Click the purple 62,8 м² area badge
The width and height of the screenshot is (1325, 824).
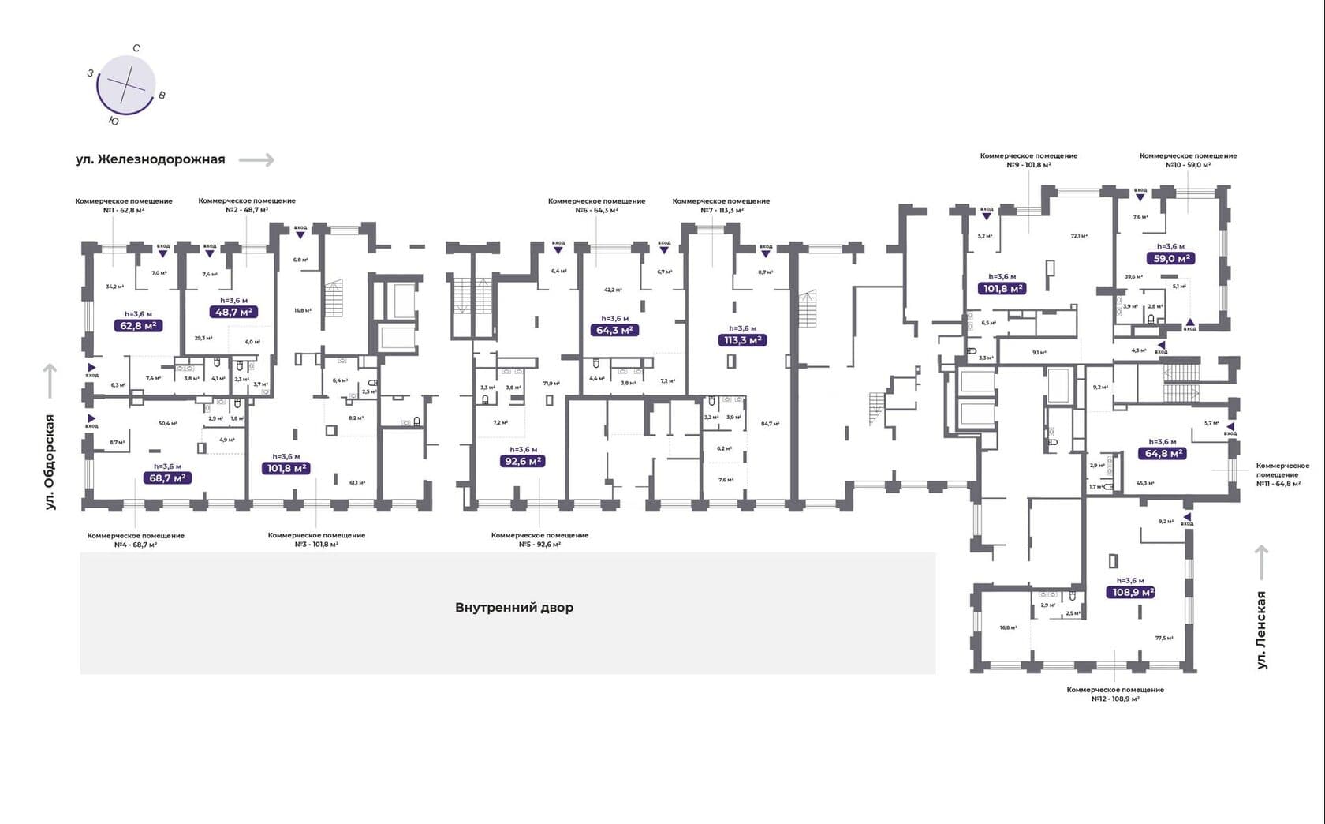(138, 325)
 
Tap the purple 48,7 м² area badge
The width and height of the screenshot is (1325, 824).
(234, 312)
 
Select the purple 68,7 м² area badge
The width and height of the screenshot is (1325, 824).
(167, 478)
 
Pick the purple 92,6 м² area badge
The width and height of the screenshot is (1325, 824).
(523, 461)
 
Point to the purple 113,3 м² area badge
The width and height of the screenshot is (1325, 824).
(742, 340)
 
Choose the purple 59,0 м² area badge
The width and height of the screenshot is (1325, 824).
(1170, 258)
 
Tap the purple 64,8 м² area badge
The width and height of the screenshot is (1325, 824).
(1163, 453)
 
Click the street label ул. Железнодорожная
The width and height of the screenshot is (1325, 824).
(151, 159)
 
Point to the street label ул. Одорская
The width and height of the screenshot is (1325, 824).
(50, 462)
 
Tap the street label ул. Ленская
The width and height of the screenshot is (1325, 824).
(1261, 630)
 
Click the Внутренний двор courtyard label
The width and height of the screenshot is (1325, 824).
(514, 608)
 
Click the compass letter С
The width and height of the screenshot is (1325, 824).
(136, 48)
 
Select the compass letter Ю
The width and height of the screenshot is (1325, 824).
(114, 122)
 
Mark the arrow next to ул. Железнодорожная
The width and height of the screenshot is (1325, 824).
(256, 160)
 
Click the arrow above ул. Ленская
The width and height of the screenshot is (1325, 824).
(1261, 562)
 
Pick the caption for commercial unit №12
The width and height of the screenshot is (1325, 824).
(1115, 694)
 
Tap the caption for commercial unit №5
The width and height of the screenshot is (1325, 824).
(539, 540)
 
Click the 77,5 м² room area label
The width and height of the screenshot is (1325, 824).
(1164, 638)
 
